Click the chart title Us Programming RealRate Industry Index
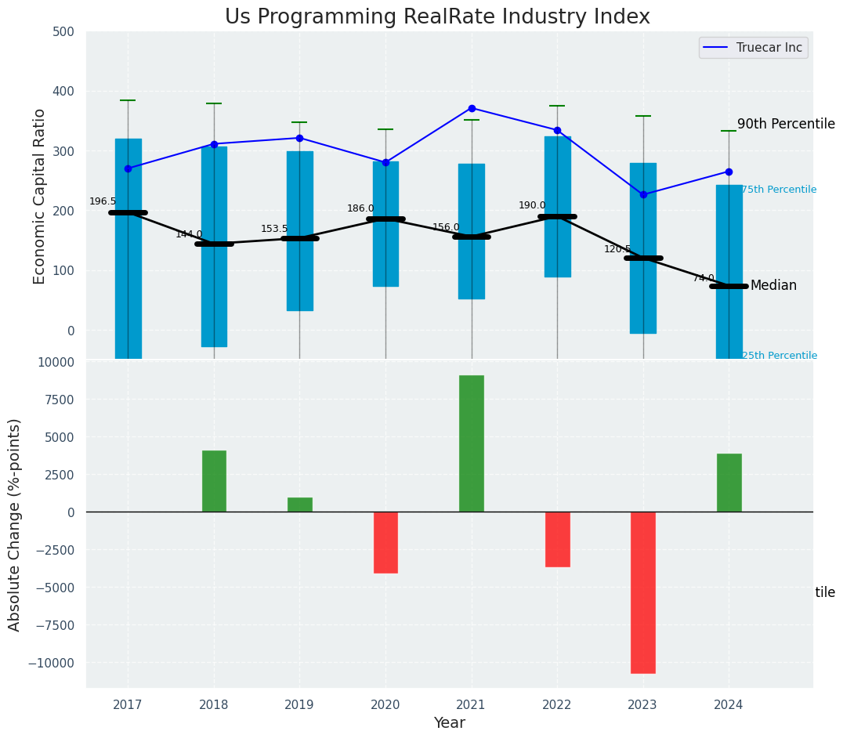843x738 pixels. [x=437, y=17]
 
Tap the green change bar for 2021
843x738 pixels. [x=472, y=443]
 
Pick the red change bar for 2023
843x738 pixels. [x=643, y=592]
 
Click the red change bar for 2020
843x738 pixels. [x=385, y=542]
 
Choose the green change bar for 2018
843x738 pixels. [x=214, y=481]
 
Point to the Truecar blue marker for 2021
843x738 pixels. [x=472, y=108]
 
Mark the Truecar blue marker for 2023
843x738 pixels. [x=643, y=194]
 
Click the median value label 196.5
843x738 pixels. [x=103, y=201]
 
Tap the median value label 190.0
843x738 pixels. [x=532, y=205]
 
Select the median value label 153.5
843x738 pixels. [x=274, y=229]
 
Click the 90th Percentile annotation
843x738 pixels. [x=786, y=124]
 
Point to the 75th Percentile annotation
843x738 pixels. [x=779, y=190]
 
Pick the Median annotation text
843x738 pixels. [x=773, y=285]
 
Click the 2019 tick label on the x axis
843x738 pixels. [x=299, y=705]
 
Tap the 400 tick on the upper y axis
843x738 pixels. [x=64, y=92]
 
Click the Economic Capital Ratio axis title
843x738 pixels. [x=40, y=196]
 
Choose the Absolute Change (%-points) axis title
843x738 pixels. [x=15, y=524]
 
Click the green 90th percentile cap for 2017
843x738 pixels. [x=128, y=100]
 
